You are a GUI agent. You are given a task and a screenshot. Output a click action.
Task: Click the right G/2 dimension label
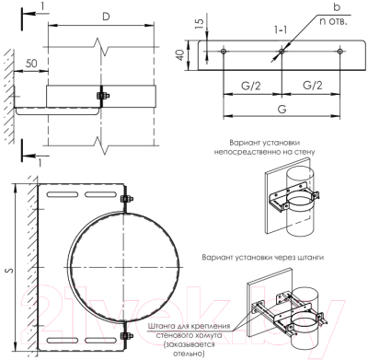point(311,86)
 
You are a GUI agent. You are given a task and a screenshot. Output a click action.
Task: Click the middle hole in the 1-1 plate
point(282,54)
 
